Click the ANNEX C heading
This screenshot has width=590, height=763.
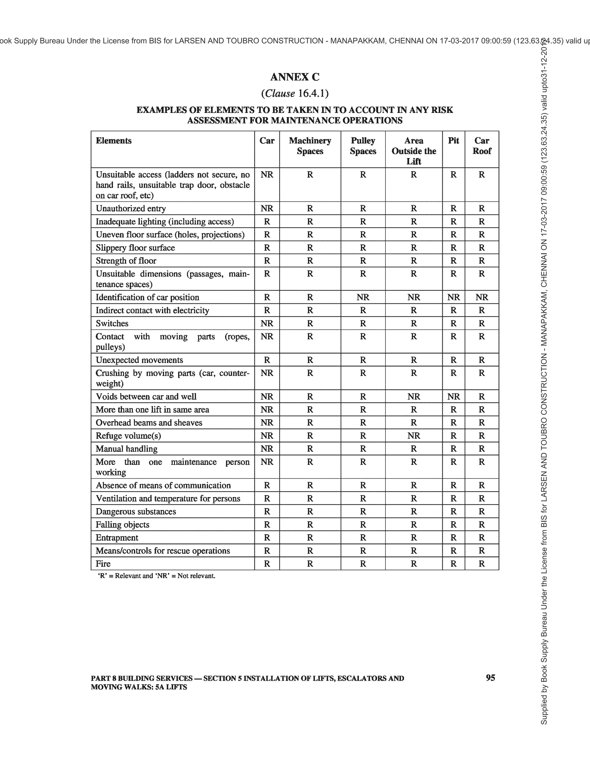295,77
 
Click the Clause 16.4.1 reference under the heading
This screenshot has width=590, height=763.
295,94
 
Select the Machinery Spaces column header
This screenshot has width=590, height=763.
310,146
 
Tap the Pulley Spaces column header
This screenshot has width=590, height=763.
363,146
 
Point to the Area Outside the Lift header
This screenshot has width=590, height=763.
414,151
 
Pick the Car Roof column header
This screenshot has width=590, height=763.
481,146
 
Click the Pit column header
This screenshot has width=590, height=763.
453,141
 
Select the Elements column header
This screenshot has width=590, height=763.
114,141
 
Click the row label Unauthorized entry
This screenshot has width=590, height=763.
131,209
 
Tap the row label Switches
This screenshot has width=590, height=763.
112,323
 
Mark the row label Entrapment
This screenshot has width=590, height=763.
117,538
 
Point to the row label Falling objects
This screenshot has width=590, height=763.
122,525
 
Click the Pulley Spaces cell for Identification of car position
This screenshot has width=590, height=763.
363,297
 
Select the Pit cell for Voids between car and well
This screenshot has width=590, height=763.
453,397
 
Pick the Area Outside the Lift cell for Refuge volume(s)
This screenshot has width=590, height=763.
414,436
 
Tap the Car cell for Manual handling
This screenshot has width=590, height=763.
267,449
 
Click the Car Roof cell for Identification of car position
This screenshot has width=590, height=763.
481,297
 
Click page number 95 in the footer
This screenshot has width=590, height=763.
490,678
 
